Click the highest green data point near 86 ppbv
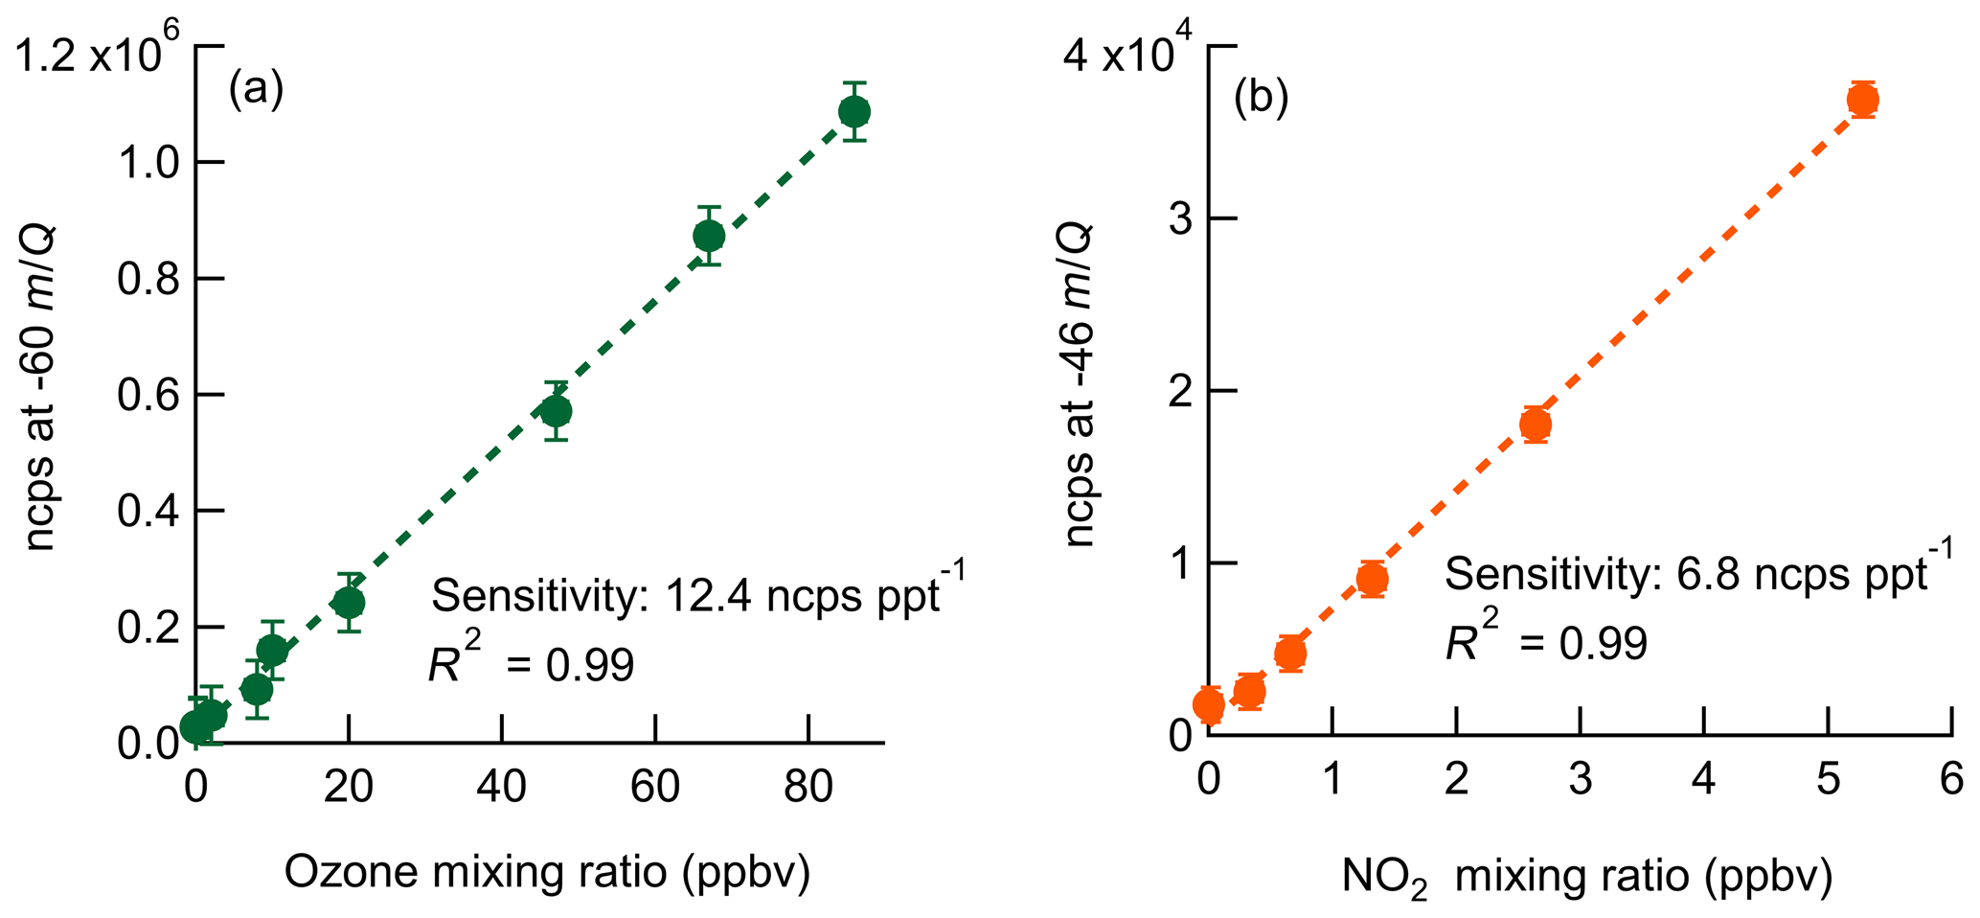[x=853, y=112]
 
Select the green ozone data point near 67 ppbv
[x=708, y=236]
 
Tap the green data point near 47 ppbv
[x=556, y=412]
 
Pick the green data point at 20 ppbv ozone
[x=349, y=603]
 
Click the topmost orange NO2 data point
[x=1862, y=100]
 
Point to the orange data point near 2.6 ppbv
[x=1536, y=425]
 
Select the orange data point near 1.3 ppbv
[x=1372, y=579]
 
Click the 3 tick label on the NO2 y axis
[x=1180, y=218]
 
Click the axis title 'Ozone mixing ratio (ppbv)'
[x=547, y=872]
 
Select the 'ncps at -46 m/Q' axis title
[x=1081, y=383]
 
